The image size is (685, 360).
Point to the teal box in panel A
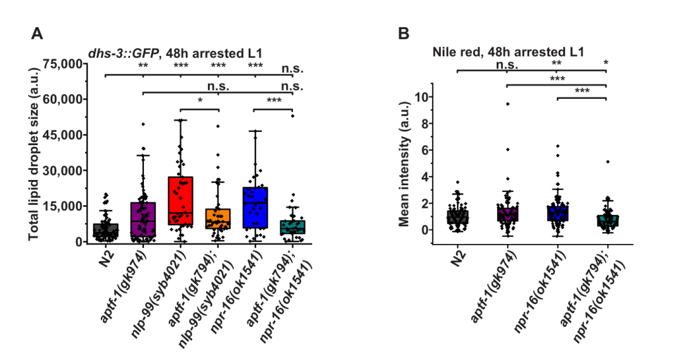coord(292,227)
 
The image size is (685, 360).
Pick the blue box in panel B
coord(557,213)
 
